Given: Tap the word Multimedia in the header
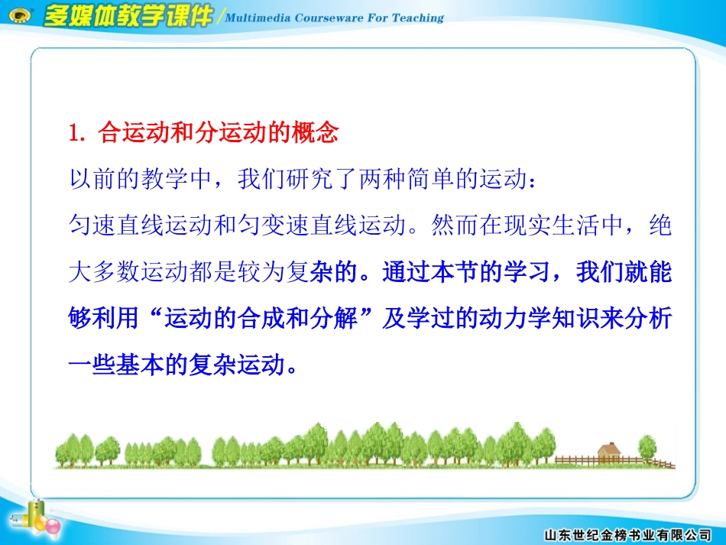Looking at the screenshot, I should point(260,18).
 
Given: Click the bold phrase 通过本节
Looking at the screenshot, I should point(427,273).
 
